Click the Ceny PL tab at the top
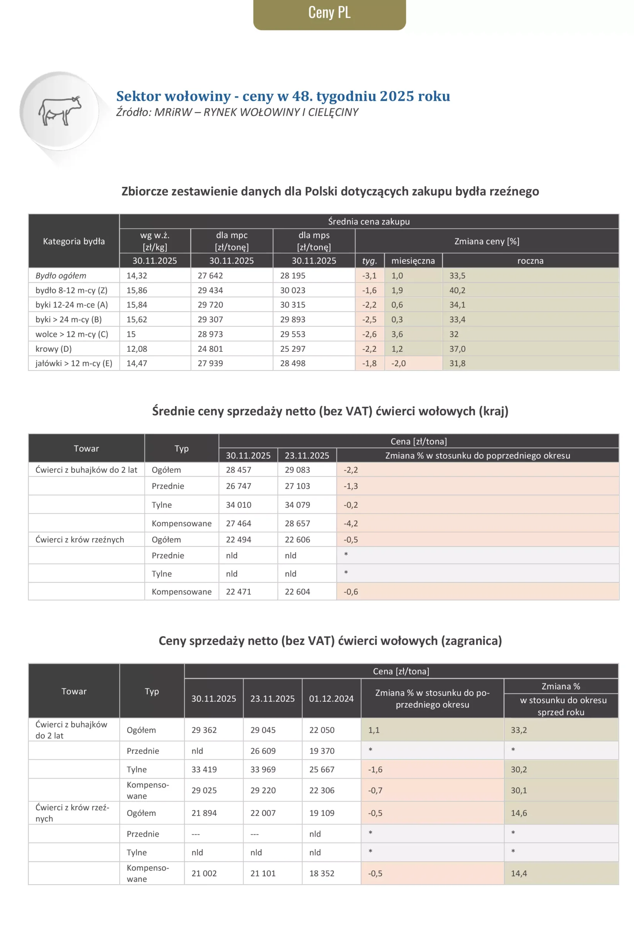pyautogui.click(x=329, y=13)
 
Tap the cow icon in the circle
pyautogui.click(x=60, y=111)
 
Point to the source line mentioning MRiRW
pyautogui.click(x=237, y=112)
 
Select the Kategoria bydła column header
pyautogui.click(x=74, y=241)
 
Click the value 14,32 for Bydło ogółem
pyautogui.click(x=137, y=276)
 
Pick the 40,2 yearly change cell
pyautogui.click(x=457, y=290)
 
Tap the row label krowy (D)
pyautogui.click(x=53, y=349)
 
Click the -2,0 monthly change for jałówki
pyautogui.click(x=398, y=363)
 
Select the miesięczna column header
pyautogui.click(x=413, y=261)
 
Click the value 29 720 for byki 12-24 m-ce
pyautogui.click(x=210, y=305)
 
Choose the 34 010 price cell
pyautogui.click(x=238, y=505)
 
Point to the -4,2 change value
pyautogui.click(x=350, y=523)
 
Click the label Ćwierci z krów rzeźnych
pyautogui.click(x=79, y=540)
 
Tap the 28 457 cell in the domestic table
pyautogui.click(x=238, y=470)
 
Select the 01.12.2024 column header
pyautogui.click(x=331, y=699)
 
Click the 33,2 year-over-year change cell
pyautogui.click(x=519, y=730)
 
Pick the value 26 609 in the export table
pyautogui.click(x=263, y=751)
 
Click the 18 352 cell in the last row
pyautogui.click(x=322, y=873)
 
